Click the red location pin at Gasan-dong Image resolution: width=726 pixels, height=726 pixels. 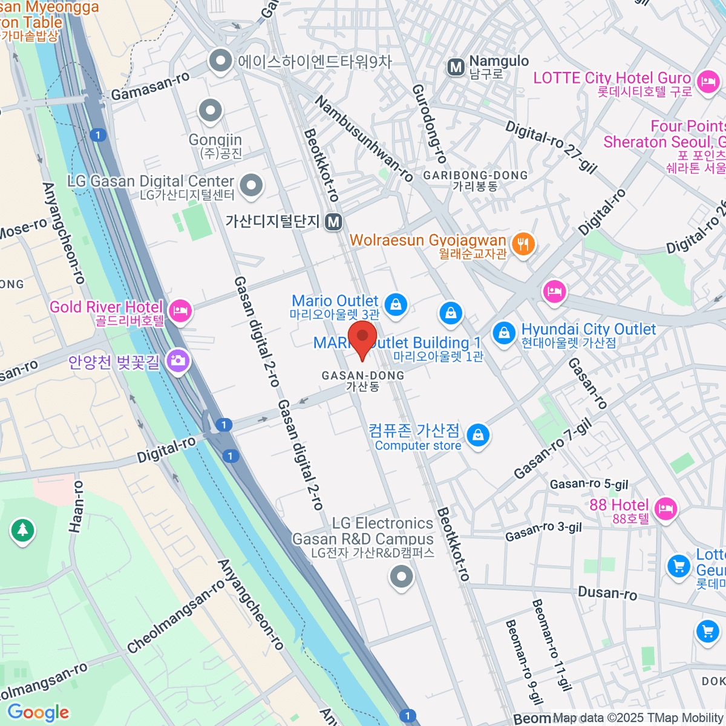[362, 339]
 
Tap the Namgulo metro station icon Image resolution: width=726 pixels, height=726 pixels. [456, 67]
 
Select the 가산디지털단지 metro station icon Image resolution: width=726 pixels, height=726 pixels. [333, 222]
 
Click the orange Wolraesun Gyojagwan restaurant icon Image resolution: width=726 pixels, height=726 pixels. [523, 244]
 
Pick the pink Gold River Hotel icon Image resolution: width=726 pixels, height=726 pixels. [180, 311]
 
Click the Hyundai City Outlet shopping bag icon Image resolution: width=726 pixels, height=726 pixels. [503, 333]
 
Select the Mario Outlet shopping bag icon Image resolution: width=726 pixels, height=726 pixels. [396, 304]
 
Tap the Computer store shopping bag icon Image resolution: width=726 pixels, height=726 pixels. [478, 435]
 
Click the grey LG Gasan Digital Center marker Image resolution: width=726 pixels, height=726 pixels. [251, 185]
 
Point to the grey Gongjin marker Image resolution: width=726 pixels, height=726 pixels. [211, 111]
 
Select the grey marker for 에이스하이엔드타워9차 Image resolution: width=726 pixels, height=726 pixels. [220, 60]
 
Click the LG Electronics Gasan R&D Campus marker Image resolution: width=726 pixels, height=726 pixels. [401, 576]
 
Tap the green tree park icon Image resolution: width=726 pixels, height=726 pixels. [22, 531]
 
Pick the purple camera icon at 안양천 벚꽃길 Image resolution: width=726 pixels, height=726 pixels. [177, 361]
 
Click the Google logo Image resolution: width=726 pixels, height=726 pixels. [38, 712]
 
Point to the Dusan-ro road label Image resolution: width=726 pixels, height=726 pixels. [607, 593]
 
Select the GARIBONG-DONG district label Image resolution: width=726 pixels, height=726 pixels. [476, 175]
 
